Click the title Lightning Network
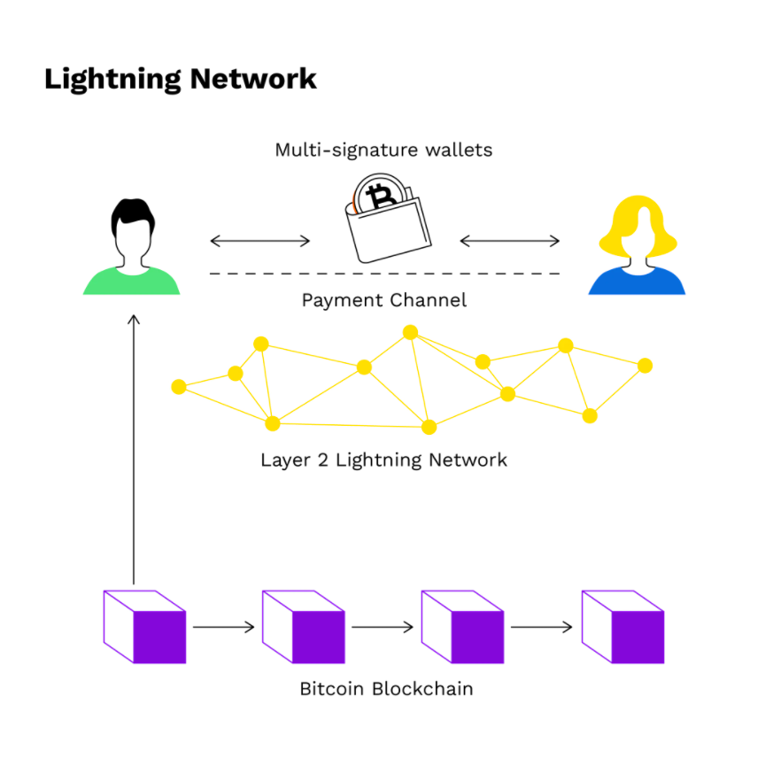[180, 78]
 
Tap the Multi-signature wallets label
[383, 150]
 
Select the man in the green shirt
[131, 248]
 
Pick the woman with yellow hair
[637, 248]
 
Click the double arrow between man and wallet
[260, 240]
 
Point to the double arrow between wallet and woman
[510, 240]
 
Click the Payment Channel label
[383, 300]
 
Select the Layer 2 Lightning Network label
[383, 460]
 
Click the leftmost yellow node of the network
[179, 387]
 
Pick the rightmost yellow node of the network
[645, 366]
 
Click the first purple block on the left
[145, 627]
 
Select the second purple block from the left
[304, 627]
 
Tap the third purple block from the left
[462, 627]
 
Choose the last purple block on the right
[622, 627]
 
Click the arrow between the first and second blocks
[224, 628]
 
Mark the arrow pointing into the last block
[542, 628]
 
